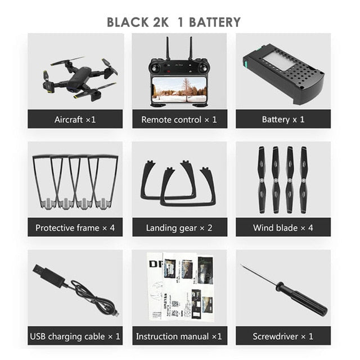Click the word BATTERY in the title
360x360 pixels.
[215, 22]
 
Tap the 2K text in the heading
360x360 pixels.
[160, 22]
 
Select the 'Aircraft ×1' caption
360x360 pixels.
[75, 120]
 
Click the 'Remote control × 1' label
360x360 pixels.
[179, 120]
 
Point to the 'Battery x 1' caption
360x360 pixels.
[283, 119]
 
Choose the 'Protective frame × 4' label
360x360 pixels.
[75, 228]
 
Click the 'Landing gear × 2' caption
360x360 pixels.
[179, 228]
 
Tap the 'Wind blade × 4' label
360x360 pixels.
[283, 228]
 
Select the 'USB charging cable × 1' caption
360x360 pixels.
[75, 336]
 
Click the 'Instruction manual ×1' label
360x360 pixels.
[179, 336]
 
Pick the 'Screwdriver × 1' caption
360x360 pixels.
[283, 336]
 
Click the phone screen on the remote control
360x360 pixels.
[179, 90]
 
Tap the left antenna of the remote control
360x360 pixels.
[168, 48]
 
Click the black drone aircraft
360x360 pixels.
[80, 78]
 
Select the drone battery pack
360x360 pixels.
[284, 75]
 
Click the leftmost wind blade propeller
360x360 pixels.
[262, 180]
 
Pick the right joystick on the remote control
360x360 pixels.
[203, 68]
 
